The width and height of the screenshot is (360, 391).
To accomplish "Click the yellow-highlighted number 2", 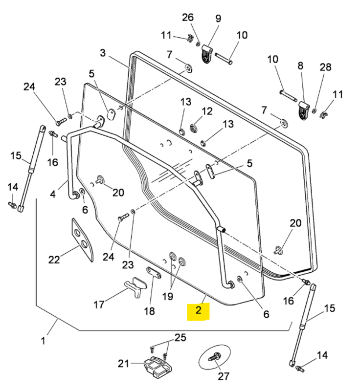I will point(199,310).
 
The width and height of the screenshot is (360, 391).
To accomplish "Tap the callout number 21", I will point(123,364).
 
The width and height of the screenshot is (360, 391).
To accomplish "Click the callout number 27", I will point(224,376).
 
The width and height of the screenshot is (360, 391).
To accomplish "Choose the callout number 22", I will point(55,260).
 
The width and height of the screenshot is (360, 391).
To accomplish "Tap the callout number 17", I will point(99,305).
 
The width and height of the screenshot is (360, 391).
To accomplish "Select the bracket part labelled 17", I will point(135,287).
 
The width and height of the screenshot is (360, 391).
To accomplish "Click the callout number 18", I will point(149,311).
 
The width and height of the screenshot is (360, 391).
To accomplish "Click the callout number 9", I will point(218,19).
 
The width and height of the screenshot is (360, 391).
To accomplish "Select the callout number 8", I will point(300,65).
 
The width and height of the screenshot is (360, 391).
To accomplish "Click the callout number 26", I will point(188,18).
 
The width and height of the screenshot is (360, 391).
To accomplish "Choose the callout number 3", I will point(103,53).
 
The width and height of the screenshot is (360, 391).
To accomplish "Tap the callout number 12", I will point(207,111).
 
